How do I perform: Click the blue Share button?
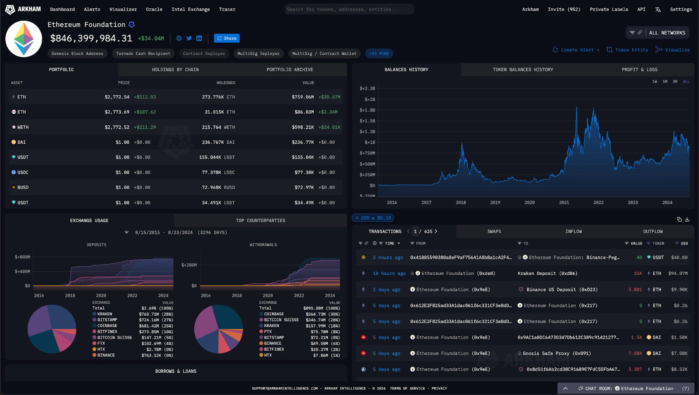pyautogui.click(x=227, y=38)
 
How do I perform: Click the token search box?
pyautogui.click(x=349, y=9)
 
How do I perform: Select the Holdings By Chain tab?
pyautogui.click(x=175, y=70)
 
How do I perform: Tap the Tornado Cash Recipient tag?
pyautogui.click(x=143, y=53)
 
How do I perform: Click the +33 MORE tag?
pyautogui.click(x=379, y=53)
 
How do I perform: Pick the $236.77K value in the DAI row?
pyautogui.click(x=303, y=142)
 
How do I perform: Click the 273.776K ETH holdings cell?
pyautogui.click(x=218, y=97)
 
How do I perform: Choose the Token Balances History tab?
pyautogui.click(x=523, y=70)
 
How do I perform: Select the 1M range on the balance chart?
pyautogui.click(x=664, y=81)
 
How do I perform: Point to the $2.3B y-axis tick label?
pyautogui.click(x=367, y=88)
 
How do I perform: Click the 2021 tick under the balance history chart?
pyautogui.click(x=564, y=203)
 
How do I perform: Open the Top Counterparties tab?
pyautogui.click(x=260, y=220)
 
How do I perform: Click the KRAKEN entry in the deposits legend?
pyautogui.click(x=105, y=314)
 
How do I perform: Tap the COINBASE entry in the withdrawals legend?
pyautogui.click(x=274, y=314)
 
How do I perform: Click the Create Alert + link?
pyautogui.click(x=576, y=50)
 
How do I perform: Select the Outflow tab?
pyautogui.click(x=653, y=231)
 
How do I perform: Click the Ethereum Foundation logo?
pyautogui.click(x=24, y=39)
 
